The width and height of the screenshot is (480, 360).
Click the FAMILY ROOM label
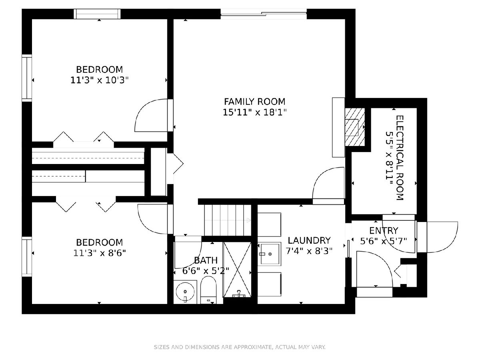254,102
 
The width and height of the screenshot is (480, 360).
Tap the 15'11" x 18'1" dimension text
254,112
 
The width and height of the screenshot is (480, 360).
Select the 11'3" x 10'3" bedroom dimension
99,80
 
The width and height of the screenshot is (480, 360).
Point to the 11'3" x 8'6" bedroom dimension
100,253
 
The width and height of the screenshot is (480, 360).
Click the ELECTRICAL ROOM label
400,158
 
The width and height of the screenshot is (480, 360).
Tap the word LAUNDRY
309,240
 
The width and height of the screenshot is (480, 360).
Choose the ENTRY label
384,231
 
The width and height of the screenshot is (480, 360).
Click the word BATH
206,260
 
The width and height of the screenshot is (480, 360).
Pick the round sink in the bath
185,292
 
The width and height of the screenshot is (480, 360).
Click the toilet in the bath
208,290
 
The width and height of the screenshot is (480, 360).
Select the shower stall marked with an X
237,269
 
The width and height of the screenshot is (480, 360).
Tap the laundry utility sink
269,254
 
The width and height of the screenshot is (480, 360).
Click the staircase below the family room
228,220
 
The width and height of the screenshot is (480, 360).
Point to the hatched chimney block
355,127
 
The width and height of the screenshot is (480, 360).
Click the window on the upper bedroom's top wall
97,14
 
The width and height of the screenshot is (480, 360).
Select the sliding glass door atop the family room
264,14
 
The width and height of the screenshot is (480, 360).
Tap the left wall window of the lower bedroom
27,257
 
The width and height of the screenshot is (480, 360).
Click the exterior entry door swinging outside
437,237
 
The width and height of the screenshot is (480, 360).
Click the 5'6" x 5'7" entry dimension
384,241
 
